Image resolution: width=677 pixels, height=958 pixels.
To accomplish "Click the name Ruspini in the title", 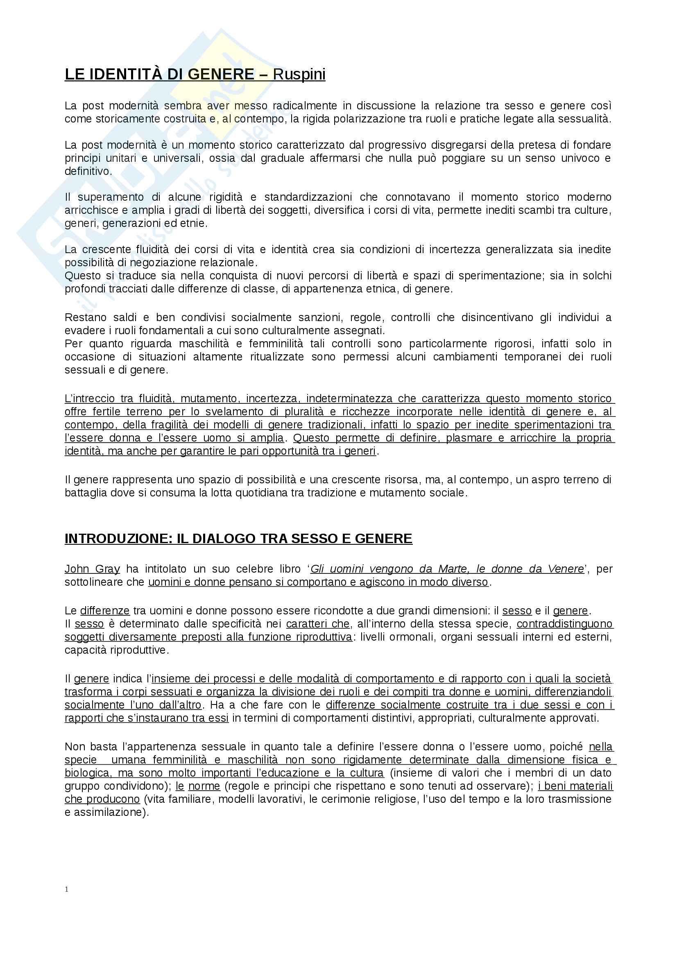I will pyautogui.click(x=299, y=74).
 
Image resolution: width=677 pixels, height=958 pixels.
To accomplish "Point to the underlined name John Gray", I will pyautogui.click(x=92, y=569).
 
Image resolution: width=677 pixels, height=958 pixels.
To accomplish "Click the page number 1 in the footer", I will pyautogui.click(x=67, y=889).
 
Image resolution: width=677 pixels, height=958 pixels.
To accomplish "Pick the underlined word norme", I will pyautogui.click(x=204, y=786).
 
